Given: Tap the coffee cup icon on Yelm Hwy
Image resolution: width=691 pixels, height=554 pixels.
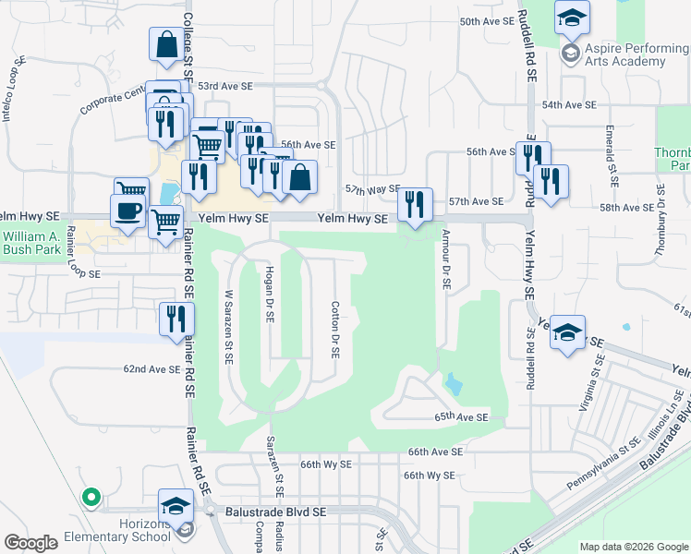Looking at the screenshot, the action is click(x=129, y=210).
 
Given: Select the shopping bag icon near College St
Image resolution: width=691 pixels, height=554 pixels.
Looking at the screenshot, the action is click(x=166, y=45).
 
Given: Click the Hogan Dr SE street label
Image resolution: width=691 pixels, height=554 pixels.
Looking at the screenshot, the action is click(x=269, y=290).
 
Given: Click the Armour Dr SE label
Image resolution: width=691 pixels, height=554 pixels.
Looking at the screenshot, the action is click(x=445, y=259).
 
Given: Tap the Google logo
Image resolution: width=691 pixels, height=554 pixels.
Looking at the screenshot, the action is click(x=30, y=543).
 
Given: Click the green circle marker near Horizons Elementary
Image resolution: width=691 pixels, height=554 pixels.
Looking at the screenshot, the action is click(x=90, y=498).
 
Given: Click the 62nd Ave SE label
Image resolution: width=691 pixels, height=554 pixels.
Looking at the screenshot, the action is click(x=152, y=369).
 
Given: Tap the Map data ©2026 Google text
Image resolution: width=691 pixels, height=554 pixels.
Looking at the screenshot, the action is click(x=634, y=547).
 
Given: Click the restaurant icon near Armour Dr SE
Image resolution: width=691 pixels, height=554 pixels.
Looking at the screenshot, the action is click(x=414, y=204).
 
